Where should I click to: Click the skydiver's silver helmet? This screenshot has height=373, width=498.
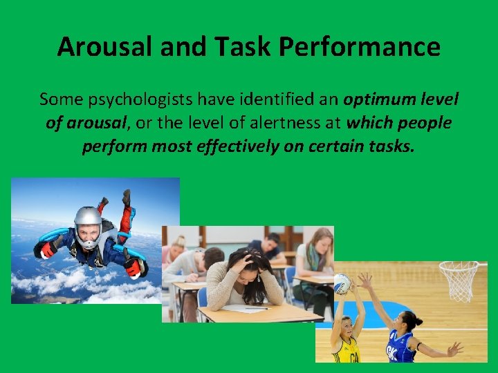[x=88, y=222]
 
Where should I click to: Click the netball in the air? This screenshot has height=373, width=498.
[x=342, y=283]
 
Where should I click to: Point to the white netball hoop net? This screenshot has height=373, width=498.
[x=458, y=279]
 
